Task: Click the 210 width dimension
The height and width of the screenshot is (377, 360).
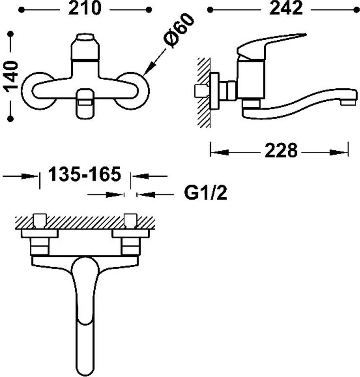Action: click(85, 9)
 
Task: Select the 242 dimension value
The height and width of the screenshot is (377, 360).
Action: click(286, 9)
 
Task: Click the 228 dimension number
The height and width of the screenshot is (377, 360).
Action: click(281, 151)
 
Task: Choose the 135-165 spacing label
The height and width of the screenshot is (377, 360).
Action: click(85, 174)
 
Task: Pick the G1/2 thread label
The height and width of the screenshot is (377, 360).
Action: click(206, 192)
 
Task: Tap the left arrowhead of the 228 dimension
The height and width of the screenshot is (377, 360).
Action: click(220, 152)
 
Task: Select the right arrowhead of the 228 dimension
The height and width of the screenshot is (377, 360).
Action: click(339, 152)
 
